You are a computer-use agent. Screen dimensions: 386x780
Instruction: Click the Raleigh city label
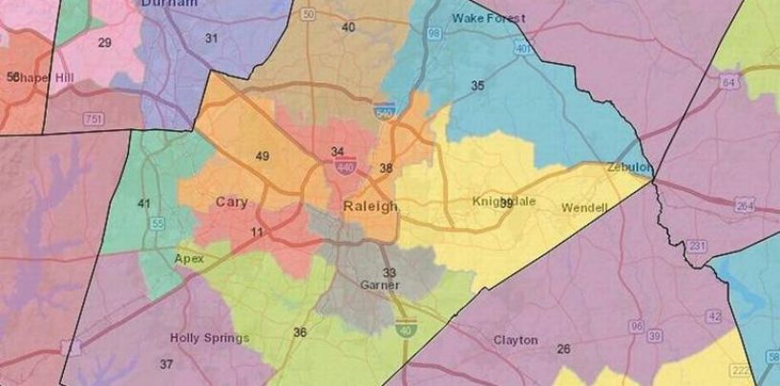coord(368,206)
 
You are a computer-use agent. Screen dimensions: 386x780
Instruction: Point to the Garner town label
coord(378,285)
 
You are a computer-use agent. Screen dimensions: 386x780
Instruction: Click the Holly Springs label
coord(209,338)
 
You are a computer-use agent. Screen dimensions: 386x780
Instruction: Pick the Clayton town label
coord(516,340)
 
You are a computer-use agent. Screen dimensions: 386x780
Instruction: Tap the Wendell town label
coord(583,207)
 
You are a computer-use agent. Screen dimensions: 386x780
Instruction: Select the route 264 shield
coord(744,206)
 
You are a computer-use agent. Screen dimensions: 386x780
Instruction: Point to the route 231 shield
coord(698,246)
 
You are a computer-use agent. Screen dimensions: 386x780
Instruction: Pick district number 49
coord(263,156)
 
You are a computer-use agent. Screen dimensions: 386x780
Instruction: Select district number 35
coord(477,86)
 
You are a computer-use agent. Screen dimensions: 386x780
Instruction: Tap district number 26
coord(564,350)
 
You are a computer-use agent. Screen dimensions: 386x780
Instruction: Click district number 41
coord(144,204)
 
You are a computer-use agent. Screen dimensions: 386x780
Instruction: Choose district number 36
coord(300,332)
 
